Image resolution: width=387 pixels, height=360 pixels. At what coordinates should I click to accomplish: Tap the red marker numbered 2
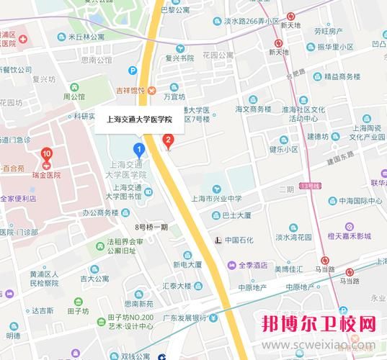[x=169, y=140]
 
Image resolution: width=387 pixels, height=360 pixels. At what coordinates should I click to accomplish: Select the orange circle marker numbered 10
[x=47, y=153]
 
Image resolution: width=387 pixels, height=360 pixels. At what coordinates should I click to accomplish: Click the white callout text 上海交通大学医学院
[x=138, y=121]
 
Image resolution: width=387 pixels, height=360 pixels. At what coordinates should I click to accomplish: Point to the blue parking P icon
[x=133, y=71]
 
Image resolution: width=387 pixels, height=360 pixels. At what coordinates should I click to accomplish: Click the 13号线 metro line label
[x=310, y=186]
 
